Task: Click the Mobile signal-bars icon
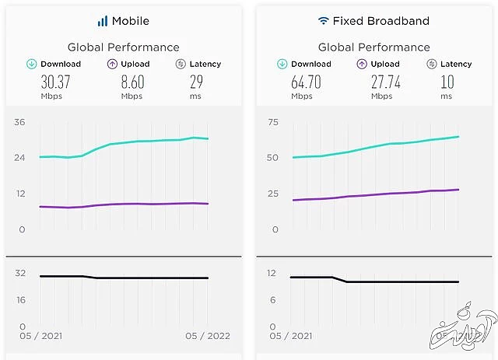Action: (x=103, y=21)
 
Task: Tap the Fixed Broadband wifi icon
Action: (x=323, y=21)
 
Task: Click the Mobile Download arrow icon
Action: (x=31, y=64)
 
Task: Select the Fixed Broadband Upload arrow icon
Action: (x=361, y=64)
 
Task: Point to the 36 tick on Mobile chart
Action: (x=20, y=121)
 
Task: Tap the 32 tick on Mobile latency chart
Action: (x=20, y=273)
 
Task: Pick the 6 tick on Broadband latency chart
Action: (x=272, y=299)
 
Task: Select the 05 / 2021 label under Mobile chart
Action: (x=43, y=336)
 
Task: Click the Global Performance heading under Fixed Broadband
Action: (x=373, y=47)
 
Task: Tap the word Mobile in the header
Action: (x=130, y=21)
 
